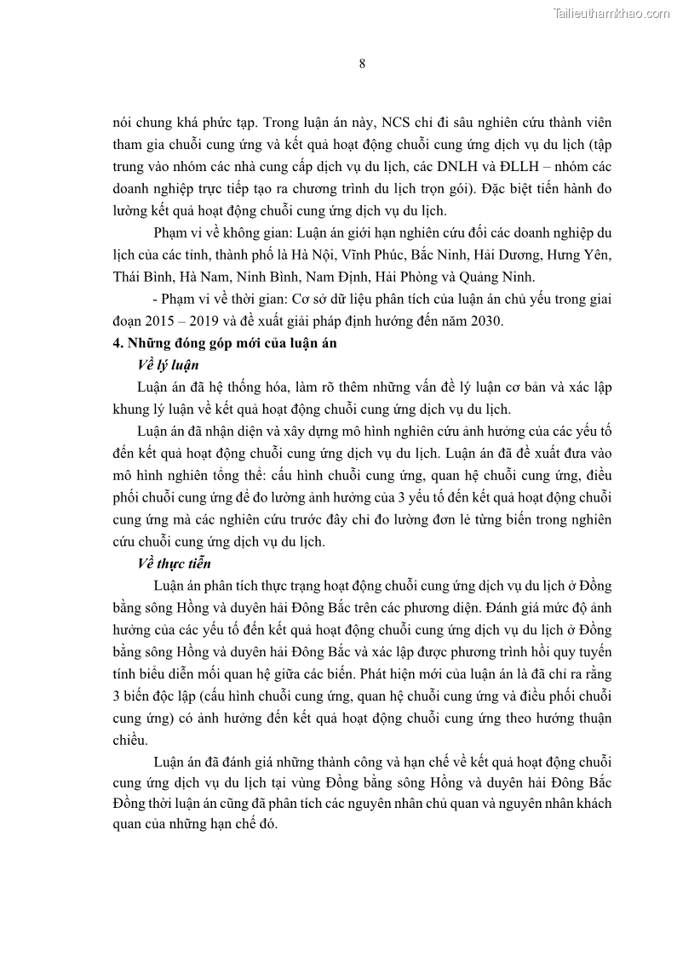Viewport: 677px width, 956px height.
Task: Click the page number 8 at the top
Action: click(x=362, y=65)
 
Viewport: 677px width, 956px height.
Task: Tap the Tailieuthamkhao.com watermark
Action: click(x=611, y=13)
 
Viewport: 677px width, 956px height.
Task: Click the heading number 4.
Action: click(x=118, y=343)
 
